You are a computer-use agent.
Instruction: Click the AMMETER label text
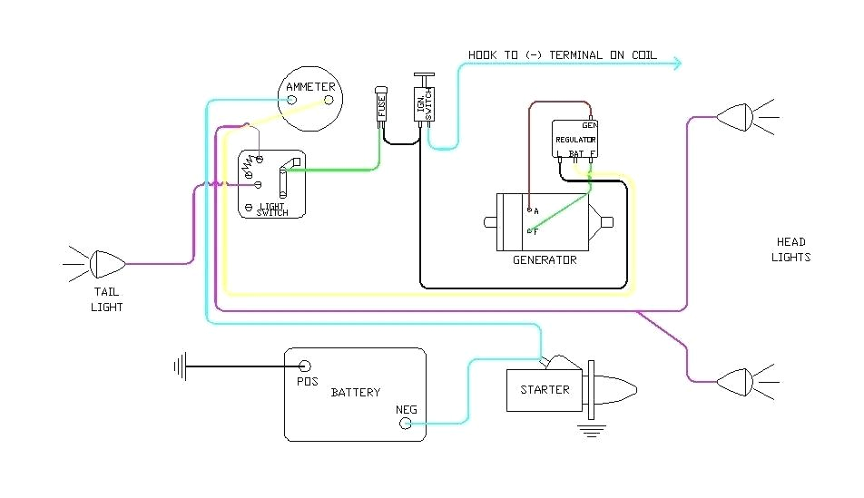[310, 87]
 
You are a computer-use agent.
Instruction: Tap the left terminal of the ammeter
[292, 101]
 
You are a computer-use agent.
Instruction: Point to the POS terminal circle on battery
[304, 366]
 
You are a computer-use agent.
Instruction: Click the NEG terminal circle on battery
[406, 424]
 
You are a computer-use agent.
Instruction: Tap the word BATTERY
[355, 393]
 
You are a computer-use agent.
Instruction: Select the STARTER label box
[545, 390]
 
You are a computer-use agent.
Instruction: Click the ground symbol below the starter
[593, 429]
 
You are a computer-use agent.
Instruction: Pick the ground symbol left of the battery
[180, 366]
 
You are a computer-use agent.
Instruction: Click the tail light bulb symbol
[107, 264]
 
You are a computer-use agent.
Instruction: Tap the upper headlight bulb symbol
[735, 116]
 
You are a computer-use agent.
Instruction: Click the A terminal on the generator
[528, 210]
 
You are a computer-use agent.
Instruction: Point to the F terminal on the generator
[528, 231]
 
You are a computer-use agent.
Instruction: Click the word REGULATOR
[575, 141]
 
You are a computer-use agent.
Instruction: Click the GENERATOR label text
[545, 260]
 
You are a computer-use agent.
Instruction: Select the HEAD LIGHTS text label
[790, 249]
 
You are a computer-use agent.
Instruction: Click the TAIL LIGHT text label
[106, 299]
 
